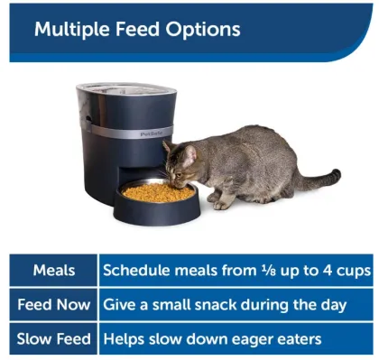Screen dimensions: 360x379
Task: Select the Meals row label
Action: pyautogui.click(x=54, y=270)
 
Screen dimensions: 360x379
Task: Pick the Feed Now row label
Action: pyautogui.click(x=54, y=305)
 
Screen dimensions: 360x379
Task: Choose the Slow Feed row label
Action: pyautogui.click(x=54, y=339)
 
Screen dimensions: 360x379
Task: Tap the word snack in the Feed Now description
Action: pyautogui.click(x=208, y=305)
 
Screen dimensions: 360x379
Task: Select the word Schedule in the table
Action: pyautogui.click(x=136, y=270)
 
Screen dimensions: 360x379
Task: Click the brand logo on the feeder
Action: pyautogui.click(x=151, y=131)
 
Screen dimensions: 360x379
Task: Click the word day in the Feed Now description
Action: pyautogui.click(x=332, y=305)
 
